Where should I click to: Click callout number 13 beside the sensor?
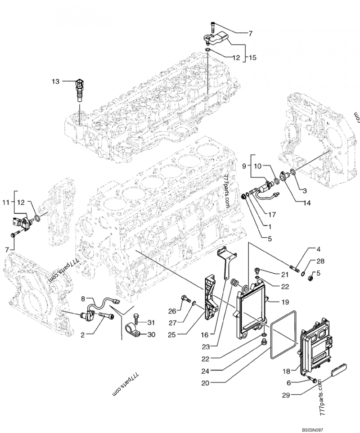55,81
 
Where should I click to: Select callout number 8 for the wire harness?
83,298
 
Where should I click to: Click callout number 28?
320,261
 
